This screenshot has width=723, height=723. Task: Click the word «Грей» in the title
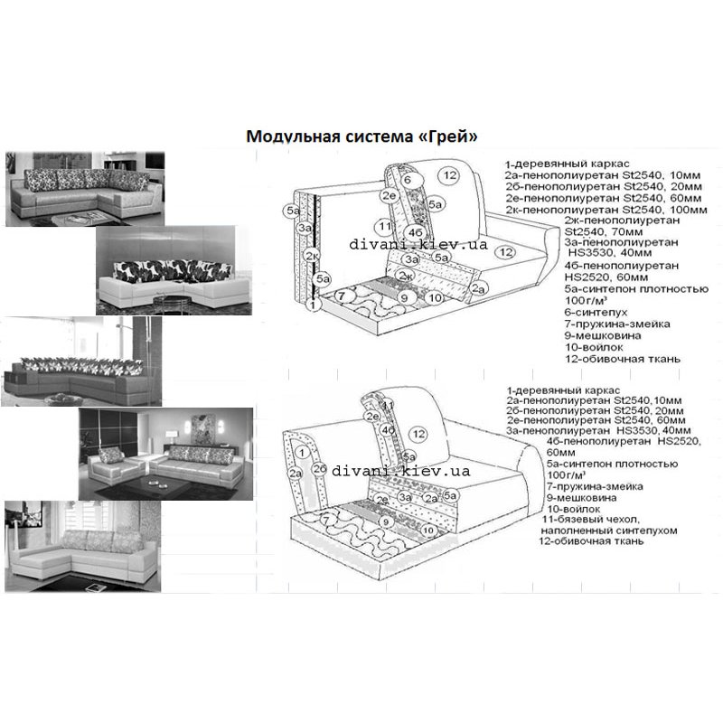[x=448, y=136]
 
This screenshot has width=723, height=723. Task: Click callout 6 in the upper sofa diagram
[x=408, y=180]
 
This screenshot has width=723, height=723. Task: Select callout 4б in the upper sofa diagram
[x=417, y=233]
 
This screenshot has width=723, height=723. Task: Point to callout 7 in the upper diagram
[x=341, y=296]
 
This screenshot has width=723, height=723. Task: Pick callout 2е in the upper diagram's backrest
[x=390, y=194]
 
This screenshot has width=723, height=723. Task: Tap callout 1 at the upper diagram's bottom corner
[x=312, y=305]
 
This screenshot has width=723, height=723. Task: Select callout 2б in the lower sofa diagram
[x=319, y=468]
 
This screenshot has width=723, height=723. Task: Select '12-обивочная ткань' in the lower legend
[x=591, y=542]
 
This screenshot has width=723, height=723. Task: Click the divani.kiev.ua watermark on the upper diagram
[x=418, y=245]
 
